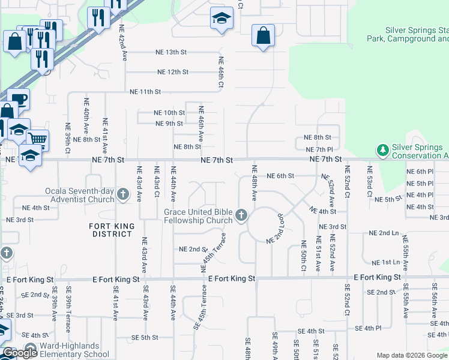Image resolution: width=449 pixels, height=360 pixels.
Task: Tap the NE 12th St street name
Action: point(173,72)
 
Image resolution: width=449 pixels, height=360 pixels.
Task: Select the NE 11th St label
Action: point(145,92)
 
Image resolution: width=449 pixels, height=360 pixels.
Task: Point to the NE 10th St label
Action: point(169,112)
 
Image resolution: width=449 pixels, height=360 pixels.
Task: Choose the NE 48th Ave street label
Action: point(255,182)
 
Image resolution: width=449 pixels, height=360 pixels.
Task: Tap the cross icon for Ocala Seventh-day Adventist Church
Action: point(122,194)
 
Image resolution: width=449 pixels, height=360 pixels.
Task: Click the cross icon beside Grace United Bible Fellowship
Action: point(241,215)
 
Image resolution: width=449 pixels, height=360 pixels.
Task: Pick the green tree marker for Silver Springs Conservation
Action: point(382,149)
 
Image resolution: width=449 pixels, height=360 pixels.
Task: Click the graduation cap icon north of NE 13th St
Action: point(221,19)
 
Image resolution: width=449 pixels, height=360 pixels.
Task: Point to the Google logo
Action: point(20,353)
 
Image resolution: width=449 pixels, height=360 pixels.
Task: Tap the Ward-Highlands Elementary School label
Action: point(74,350)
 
